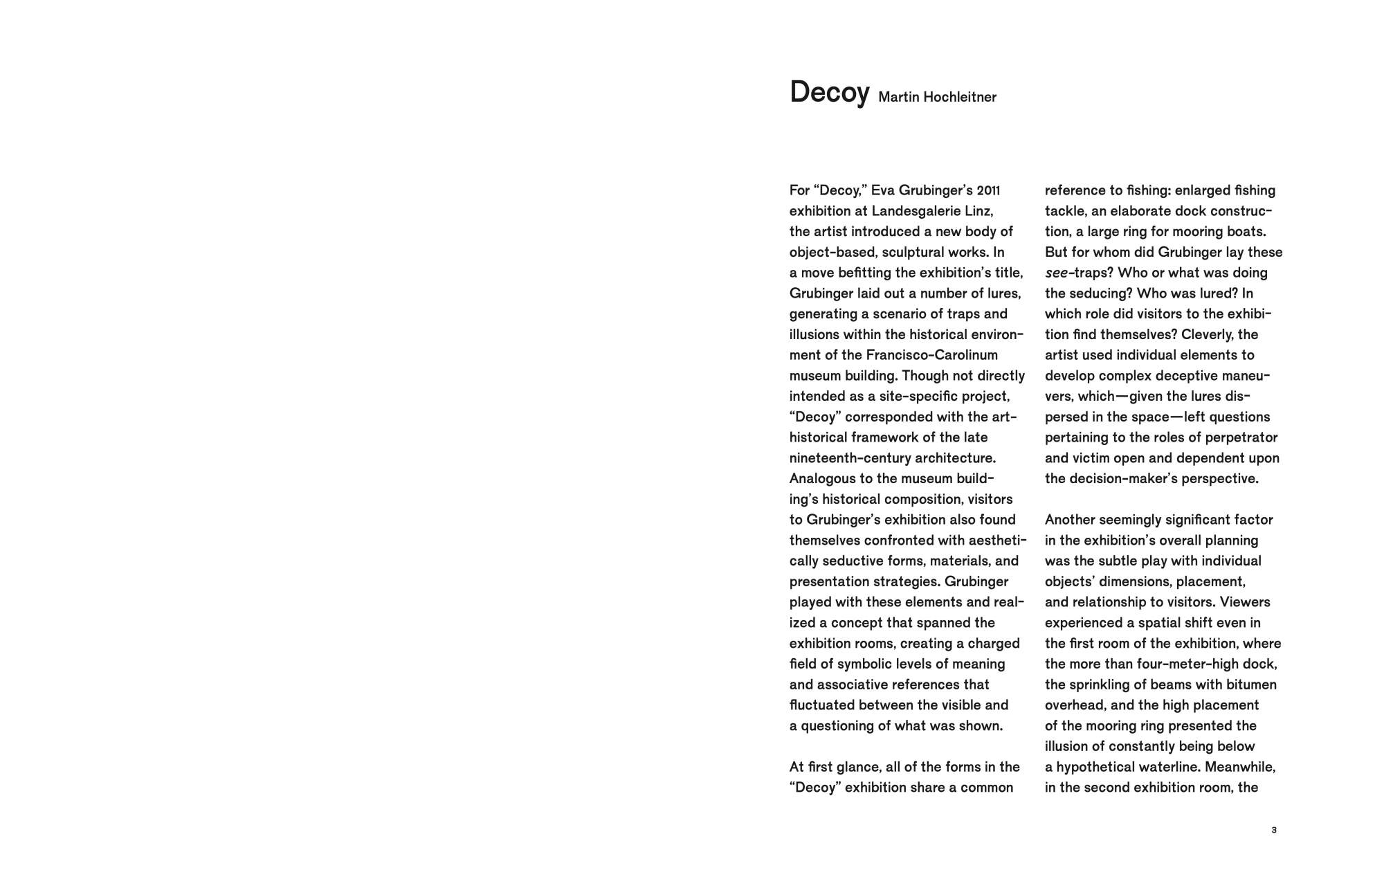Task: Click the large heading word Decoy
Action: pyautogui.click(x=829, y=93)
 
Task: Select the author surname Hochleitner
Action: pyautogui.click(x=960, y=98)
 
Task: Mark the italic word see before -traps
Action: pyautogui.click(x=1057, y=273)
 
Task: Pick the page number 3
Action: pyautogui.click(x=1274, y=830)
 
